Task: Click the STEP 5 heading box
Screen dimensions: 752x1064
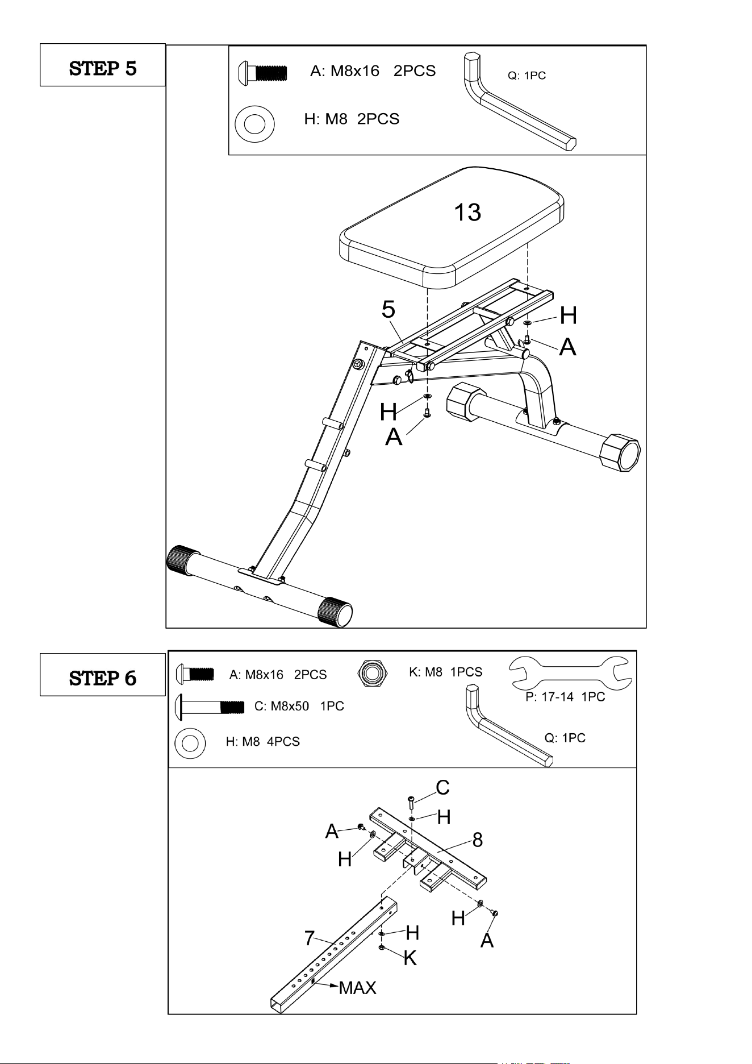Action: tap(102, 65)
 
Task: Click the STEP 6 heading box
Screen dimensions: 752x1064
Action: tap(102, 675)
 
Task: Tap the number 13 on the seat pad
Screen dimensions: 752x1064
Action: tap(467, 213)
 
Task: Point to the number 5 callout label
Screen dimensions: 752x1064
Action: tap(388, 309)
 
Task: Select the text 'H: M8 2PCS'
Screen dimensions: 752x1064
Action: tap(352, 119)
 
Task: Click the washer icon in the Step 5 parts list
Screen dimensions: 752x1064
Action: tap(254, 123)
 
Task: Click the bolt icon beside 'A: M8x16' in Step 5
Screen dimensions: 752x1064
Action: tap(262, 73)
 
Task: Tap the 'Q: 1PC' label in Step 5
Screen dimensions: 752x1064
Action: tap(527, 76)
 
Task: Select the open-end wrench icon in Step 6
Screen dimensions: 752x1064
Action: tap(571, 674)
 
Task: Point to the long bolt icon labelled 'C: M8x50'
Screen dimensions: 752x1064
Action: tap(210, 706)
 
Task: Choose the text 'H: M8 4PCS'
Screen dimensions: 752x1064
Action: tap(262, 741)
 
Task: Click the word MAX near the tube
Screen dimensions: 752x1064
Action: tap(357, 988)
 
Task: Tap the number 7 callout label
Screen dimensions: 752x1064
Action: tap(310, 938)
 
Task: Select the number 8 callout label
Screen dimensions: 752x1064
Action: tap(478, 839)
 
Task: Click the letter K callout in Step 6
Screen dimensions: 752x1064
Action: tap(410, 958)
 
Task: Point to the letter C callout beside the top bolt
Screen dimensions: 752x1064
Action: tap(443, 788)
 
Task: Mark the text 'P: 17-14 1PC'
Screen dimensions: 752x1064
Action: tap(565, 697)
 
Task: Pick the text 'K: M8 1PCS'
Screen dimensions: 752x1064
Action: tap(445, 672)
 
